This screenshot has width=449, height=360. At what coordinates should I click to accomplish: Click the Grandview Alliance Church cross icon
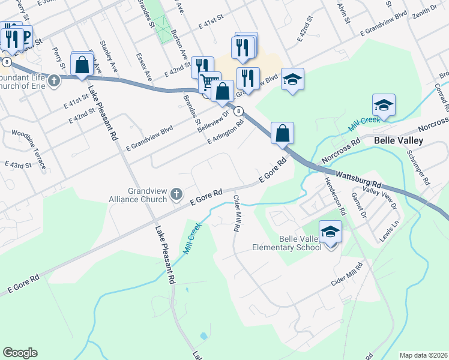tap(176, 193)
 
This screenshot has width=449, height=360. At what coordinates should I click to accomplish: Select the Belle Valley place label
tap(399, 140)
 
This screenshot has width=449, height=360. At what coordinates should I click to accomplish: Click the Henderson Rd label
tap(334, 195)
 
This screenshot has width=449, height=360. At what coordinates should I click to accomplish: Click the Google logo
tap(20, 353)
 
